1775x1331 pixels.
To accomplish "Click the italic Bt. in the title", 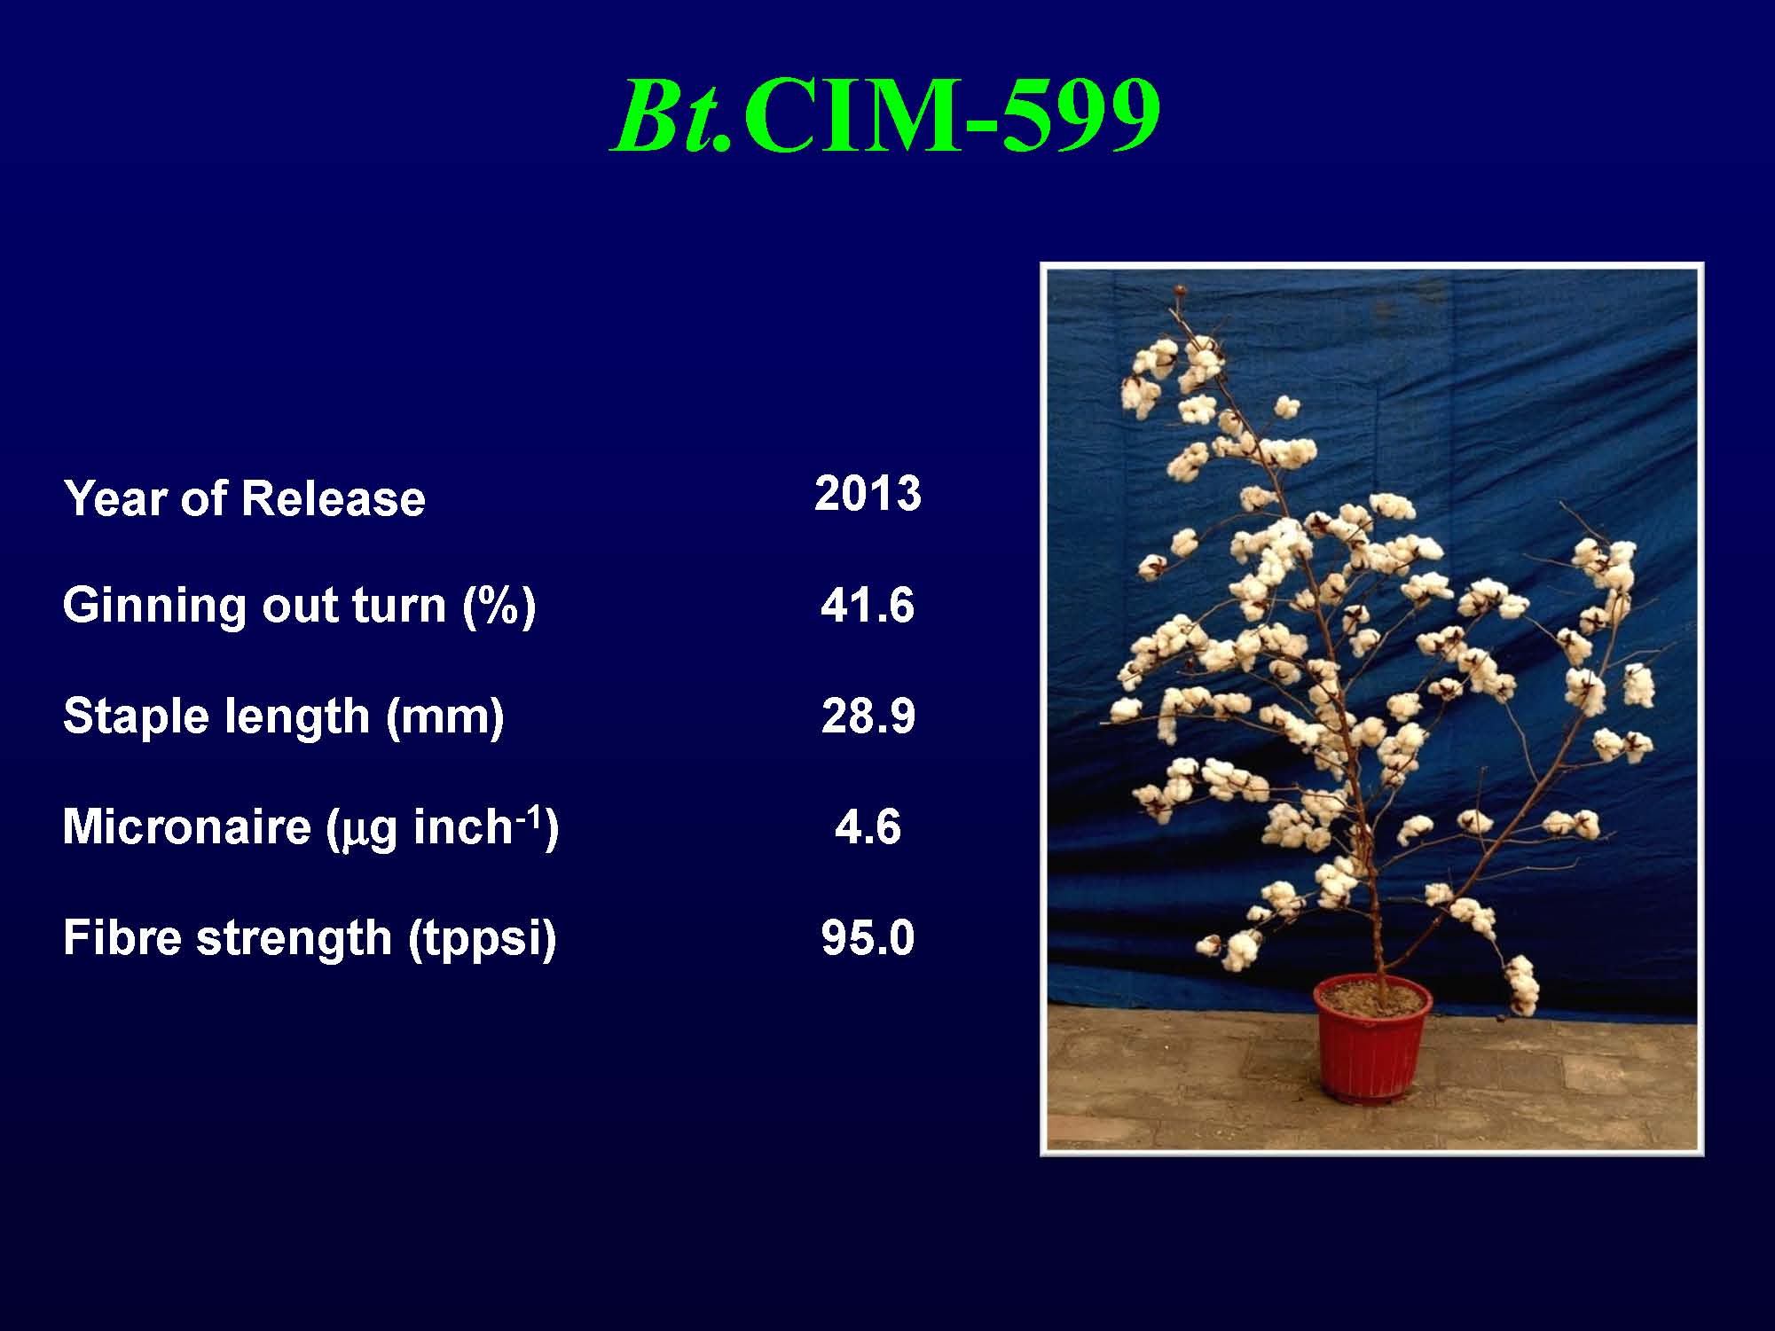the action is coord(673,116).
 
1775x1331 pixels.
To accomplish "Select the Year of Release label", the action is coord(244,497).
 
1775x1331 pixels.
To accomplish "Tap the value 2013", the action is coord(868,493).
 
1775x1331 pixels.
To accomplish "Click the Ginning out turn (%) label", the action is coord(299,607).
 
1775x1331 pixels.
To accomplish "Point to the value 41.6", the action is coord(867,607).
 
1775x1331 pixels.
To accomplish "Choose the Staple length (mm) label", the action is coord(284,716).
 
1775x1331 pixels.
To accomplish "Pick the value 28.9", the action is coord(868,716).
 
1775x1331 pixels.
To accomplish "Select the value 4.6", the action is coord(868,827).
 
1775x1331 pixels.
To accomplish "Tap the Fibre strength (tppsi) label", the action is coord(310,938).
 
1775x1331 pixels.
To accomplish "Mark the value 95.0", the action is coord(868,938).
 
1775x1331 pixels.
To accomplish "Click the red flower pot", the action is coord(1371,1042).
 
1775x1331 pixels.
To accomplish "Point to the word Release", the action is coord(333,497).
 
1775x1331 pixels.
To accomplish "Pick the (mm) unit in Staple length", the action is coord(444,717).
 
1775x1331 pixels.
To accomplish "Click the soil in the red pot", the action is coord(1371,997).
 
